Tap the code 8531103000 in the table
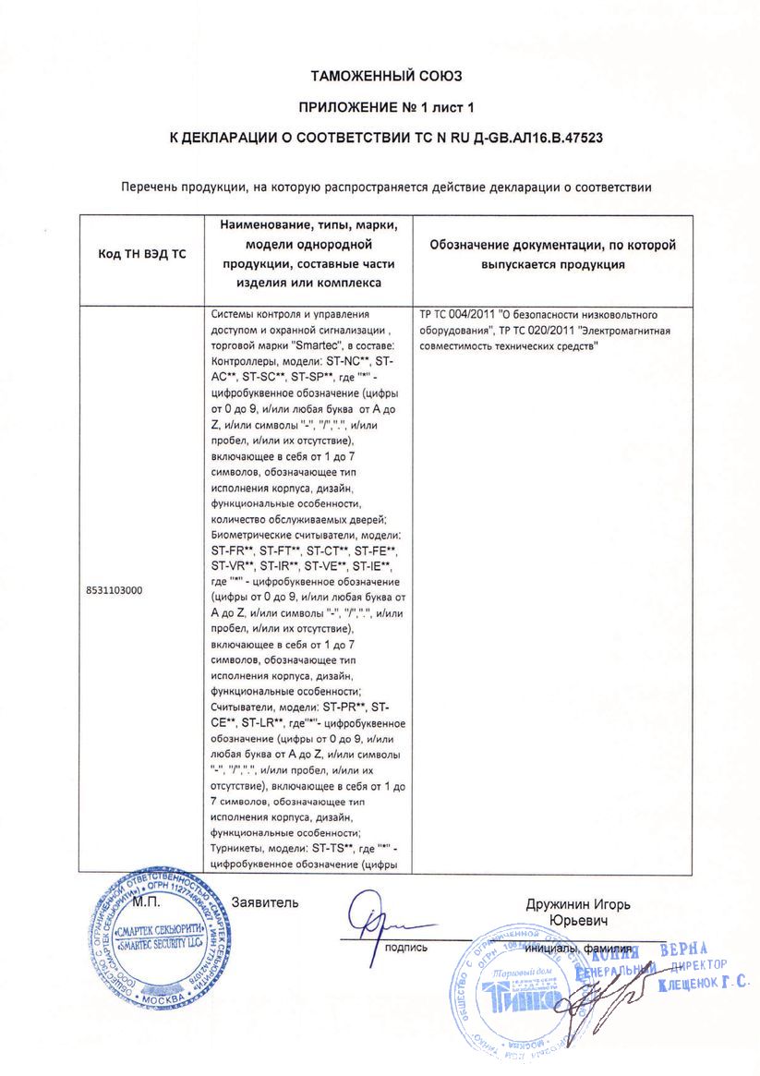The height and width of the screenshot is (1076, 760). pyautogui.click(x=114, y=589)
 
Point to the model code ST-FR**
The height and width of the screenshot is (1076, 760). pyautogui.click(x=232, y=550)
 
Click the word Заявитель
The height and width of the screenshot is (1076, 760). pyautogui.click(x=266, y=901)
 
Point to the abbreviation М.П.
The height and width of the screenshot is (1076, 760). pyautogui.click(x=148, y=901)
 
